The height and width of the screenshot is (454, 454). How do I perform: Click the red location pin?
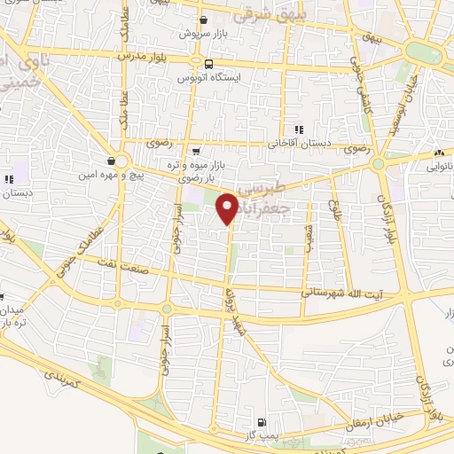228,207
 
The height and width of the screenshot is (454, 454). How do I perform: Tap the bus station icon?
208,64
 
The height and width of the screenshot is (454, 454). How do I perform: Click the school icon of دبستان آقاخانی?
301,129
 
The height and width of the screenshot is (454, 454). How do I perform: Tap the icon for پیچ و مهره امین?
110,160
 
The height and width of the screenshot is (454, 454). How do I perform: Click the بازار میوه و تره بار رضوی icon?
195,151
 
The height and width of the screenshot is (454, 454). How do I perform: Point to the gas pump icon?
261,422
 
